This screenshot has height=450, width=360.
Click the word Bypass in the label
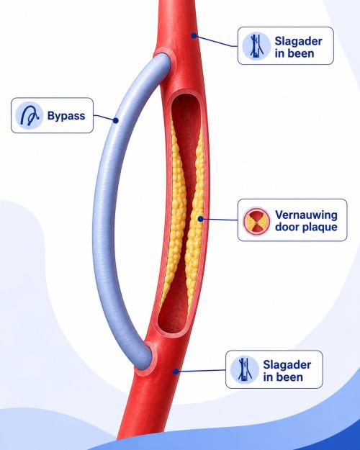(66, 116)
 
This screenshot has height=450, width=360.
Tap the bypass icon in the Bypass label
(30, 115)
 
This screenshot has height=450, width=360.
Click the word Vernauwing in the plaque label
(306, 215)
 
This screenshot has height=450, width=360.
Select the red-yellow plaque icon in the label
(256, 221)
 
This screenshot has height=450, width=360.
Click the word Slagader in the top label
(298, 41)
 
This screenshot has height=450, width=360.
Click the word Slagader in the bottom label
(287, 365)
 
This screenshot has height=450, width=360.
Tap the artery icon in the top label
(256, 46)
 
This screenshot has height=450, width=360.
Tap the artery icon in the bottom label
(245, 369)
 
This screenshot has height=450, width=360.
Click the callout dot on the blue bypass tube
(116, 120)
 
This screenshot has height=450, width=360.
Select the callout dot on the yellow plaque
(201, 219)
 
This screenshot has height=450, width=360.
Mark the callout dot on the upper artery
(194, 35)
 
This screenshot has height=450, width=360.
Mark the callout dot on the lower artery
(176, 372)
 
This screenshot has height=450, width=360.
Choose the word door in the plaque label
(288, 227)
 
